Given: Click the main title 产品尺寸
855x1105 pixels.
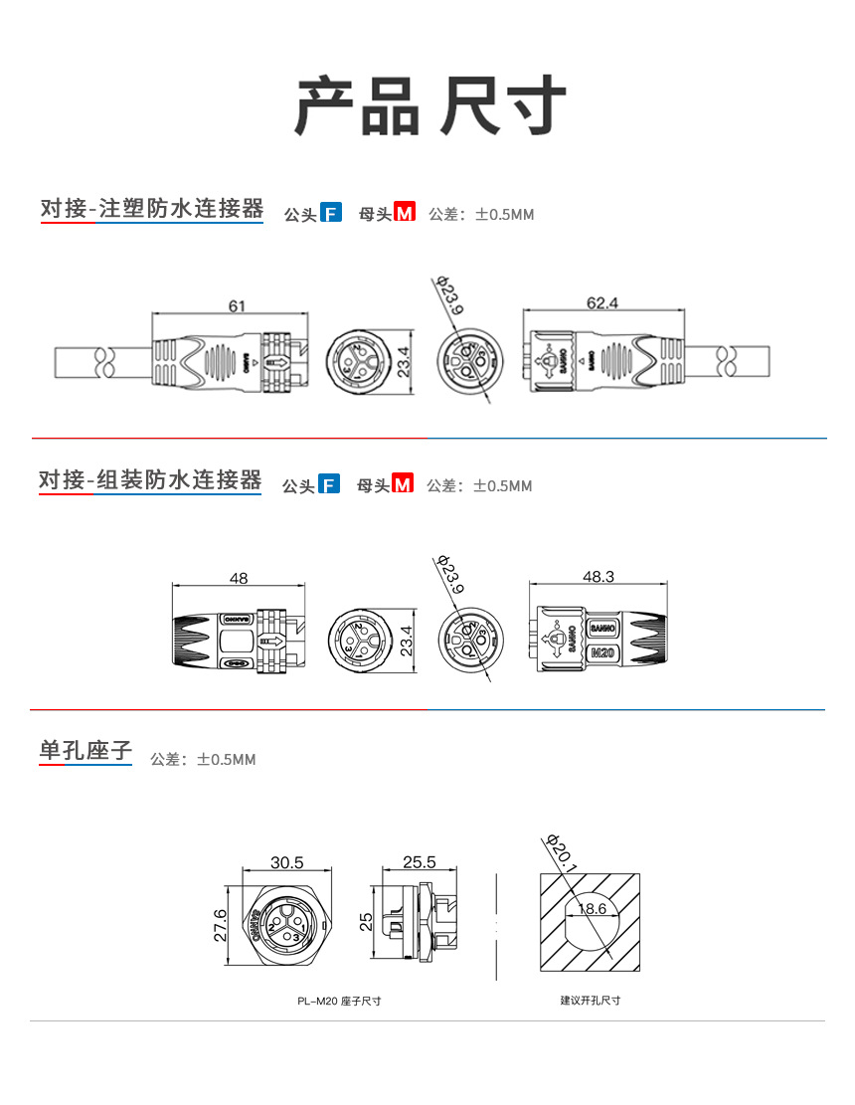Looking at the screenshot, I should (x=428, y=104).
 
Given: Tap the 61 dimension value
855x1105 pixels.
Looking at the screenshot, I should (x=237, y=306).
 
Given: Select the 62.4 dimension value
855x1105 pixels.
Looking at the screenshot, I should (x=601, y=302).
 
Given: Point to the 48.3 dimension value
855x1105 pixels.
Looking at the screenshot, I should (x=598, y=577).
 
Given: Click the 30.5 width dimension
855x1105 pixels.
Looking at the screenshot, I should (x=286, y=862).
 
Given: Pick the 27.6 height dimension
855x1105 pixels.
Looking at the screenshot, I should (x=221, y=924).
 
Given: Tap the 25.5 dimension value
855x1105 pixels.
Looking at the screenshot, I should (x=420, y=862).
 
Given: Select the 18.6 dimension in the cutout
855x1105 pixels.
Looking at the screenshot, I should (x=591, y=908).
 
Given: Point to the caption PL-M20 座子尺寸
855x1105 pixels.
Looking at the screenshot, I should (x=339, y=1001).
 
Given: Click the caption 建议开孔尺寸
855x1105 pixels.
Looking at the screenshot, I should (x=590, y=1000).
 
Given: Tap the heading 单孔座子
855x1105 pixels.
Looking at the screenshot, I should (x=85, y=751).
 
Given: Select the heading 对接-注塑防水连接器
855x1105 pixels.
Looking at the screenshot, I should (x=152, y=209).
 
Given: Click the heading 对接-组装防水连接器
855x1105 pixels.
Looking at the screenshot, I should (x=150, y=481).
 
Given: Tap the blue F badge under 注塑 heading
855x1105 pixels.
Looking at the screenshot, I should (x=331, y=212).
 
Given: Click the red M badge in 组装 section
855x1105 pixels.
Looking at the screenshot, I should (x=403, y=484).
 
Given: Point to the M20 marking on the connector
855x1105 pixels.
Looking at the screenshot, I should (x=602, y=653).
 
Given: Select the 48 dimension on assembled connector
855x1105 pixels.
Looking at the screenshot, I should (x=238, y=578).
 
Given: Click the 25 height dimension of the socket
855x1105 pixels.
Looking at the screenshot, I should (x=366, y=922).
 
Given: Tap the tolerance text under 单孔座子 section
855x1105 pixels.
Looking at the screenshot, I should (x=203, y=760).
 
